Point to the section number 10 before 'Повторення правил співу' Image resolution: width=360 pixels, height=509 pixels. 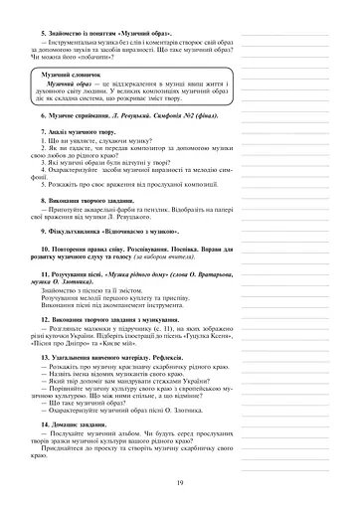pyautogui.click(x=44, y=249)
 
